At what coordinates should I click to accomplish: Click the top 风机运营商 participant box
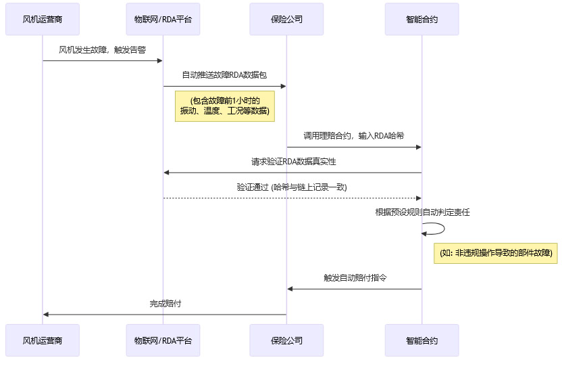pos(43,19)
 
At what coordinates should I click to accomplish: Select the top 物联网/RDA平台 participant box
pos(163,19)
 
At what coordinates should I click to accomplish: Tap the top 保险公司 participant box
pos(286,19)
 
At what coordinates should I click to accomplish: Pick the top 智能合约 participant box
pos(422,19)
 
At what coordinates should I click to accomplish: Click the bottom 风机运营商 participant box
pos(43,340)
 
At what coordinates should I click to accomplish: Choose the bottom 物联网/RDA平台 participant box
pos(163,340)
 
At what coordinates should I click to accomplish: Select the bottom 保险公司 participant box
pos(286,340)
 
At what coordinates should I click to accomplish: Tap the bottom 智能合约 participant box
pos(422,340)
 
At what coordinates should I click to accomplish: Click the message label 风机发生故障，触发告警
pos(103,50)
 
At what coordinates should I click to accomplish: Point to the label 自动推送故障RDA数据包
pos(224,75)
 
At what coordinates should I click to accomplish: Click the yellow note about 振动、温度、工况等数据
pos(225,106)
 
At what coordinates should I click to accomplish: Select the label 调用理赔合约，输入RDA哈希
pos(354,136)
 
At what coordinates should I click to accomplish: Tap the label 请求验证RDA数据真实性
pos(293,162)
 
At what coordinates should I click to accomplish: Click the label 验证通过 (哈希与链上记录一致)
pos(292,187)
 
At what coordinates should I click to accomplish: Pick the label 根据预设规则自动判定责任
pos(422,212)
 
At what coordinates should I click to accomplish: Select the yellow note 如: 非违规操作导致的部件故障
pos(496,253)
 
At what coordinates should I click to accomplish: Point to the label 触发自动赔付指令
pos(355,278)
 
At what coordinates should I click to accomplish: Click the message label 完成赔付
pos(165,304)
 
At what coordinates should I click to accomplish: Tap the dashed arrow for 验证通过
pos(292,198)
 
